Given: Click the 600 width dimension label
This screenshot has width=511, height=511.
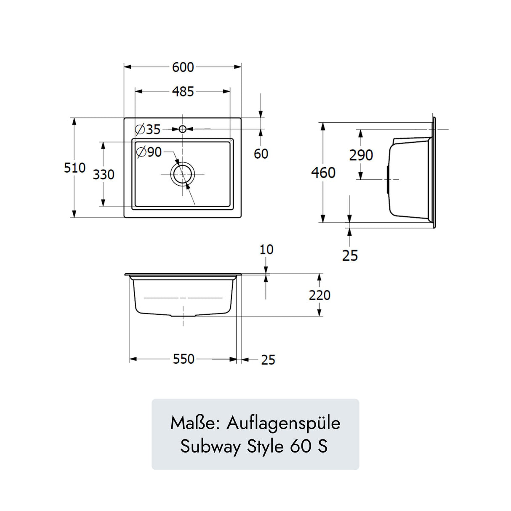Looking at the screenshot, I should click(x=183, y=67).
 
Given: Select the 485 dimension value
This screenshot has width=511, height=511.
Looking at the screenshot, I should click(x=183, y=92).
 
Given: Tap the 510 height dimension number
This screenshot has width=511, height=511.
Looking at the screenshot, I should click(x=75, y=168).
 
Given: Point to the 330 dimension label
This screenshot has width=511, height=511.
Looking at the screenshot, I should click(x=104, y=174).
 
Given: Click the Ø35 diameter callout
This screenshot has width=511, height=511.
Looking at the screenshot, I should click(x=148, y=129).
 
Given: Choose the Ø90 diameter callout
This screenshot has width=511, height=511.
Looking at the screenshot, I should click(x=149, y=152).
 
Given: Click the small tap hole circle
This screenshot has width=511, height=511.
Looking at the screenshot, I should click(x=182, y=129).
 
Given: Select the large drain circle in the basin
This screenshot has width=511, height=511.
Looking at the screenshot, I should click(x=183, y=174).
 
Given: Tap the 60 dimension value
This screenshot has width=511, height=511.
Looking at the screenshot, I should click(x=261, y=154).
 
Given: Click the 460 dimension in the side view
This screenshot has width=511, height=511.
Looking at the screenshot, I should click(x=323, y=173).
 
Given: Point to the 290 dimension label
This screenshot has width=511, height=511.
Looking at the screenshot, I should click(x=361, y=155).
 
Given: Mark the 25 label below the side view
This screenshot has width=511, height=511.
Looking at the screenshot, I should click(x=350, y=255).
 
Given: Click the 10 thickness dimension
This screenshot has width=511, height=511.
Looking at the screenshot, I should click(x=266, y=250).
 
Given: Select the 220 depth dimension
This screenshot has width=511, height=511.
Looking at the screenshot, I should click(x=319, y=295).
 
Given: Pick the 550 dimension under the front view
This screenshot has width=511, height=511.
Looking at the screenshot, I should click(x=184, y=359).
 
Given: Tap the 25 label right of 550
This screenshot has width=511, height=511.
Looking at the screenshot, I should click(x=268, y=360).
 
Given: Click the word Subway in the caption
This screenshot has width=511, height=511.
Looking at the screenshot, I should click(x=210, y=446).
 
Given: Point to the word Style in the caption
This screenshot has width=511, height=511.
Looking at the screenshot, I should click(x=265, y=446).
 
